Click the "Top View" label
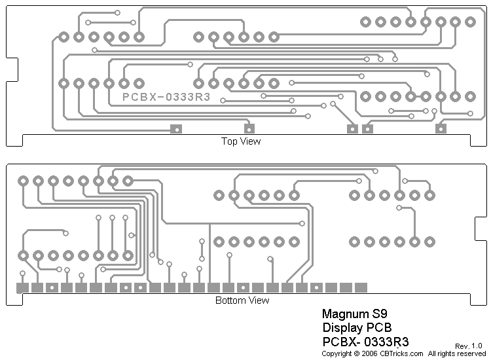(x=241, y=141)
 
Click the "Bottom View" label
(x=242, y=300)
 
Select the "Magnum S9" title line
(x=350, y=314)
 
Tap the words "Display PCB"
(x=355, y=327)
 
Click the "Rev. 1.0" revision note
(x=468, y=346)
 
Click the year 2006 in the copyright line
(x=369, y=353)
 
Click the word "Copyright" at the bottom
(x=336, y=353)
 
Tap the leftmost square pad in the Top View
(x=175, y=129)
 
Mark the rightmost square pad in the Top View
(x=441, y=129)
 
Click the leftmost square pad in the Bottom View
(x=22, y=287)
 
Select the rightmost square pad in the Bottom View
(x=361, y=287)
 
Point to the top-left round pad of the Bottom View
(x=23, y=180)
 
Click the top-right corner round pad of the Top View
(x=470, y=22)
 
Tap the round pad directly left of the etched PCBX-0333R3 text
(x=139, y=84)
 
